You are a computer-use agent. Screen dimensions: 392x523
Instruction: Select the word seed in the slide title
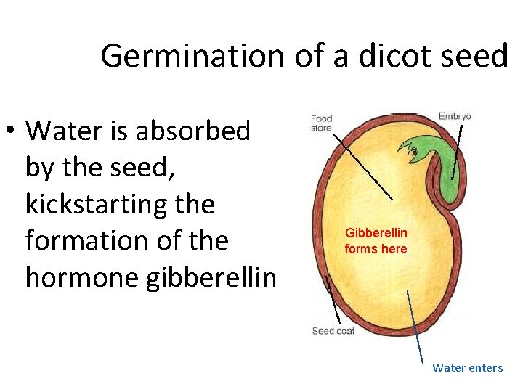pyautogui.click(x=476, y=55)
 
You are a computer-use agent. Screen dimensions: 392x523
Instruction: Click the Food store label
pyautogui.click(x=321, y=123)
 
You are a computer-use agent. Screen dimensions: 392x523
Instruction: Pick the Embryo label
pyautogui.click(x=455, y=116)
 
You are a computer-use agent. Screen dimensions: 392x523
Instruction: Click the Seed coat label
pyautogui.click(x=333, y=331)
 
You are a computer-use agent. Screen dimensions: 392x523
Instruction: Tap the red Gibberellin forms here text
pyautogui.click(x=376, y=241)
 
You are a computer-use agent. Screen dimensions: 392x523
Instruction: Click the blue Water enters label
pyautogui.click(x=467, y=367)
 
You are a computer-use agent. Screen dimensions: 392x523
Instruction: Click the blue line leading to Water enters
pyautogui.click(x=415, y=327)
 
